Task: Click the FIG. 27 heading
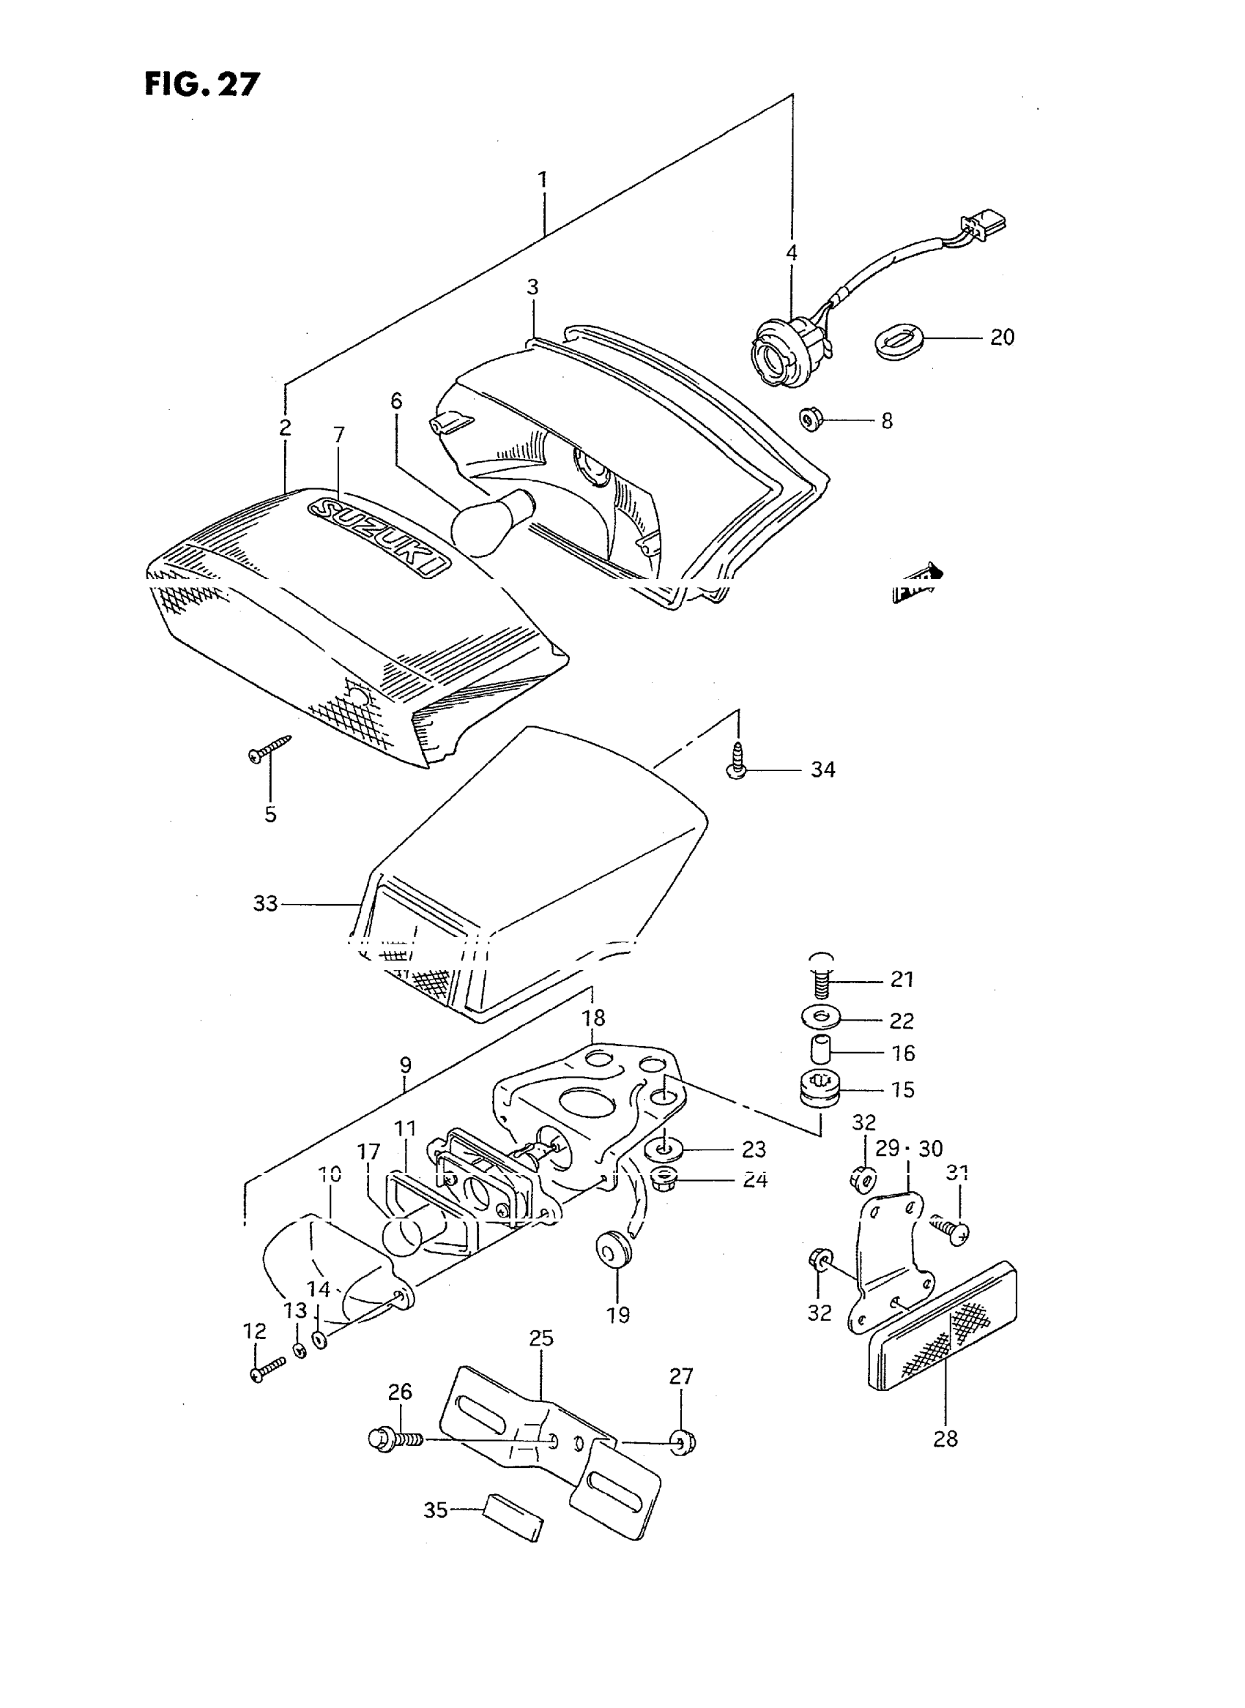coord(202,83)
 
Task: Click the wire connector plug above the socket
coord(983,224)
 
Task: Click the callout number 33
coord(264,903)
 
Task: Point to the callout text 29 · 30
coord(909,1148)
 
